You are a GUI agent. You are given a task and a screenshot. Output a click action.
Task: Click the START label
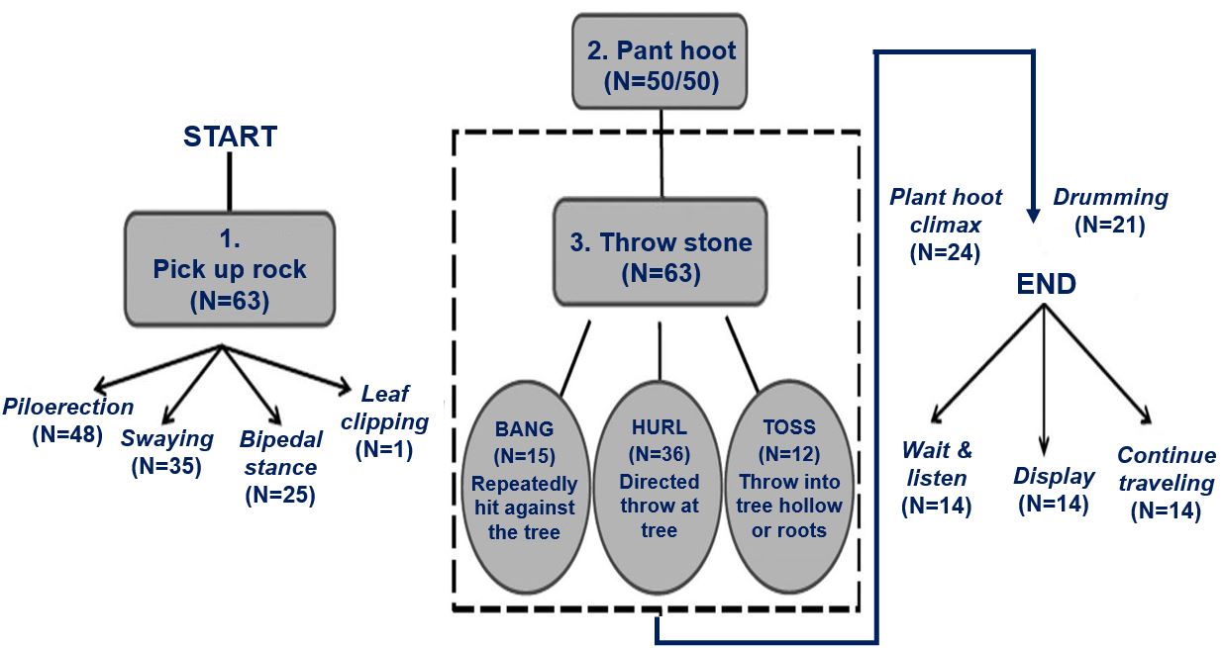230,137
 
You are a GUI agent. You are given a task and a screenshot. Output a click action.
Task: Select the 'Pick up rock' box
230,269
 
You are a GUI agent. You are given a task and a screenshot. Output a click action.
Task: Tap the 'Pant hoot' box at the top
660,61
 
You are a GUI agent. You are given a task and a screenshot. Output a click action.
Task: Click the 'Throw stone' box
661,251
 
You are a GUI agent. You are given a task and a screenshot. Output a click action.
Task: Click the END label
1046,284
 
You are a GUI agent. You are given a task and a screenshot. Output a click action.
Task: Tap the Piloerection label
67,407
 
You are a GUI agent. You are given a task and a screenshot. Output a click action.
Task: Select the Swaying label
166,438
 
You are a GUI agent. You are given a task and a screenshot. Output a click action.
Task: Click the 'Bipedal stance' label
280,453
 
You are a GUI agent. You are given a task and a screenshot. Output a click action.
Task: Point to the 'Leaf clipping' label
384,408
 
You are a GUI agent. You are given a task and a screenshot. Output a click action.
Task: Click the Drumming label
1110,197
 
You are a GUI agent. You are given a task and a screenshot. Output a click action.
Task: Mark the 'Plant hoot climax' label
946,211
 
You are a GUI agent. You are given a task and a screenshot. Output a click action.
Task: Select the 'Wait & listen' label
937,464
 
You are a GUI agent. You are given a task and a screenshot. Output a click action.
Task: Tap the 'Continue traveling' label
1167,469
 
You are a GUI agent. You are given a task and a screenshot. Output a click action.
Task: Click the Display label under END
1054,476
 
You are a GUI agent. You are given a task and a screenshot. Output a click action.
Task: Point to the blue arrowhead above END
1033,216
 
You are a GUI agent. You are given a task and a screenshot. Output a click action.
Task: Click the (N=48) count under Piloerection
67,434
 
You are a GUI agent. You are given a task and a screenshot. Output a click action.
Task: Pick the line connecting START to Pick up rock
230,182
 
